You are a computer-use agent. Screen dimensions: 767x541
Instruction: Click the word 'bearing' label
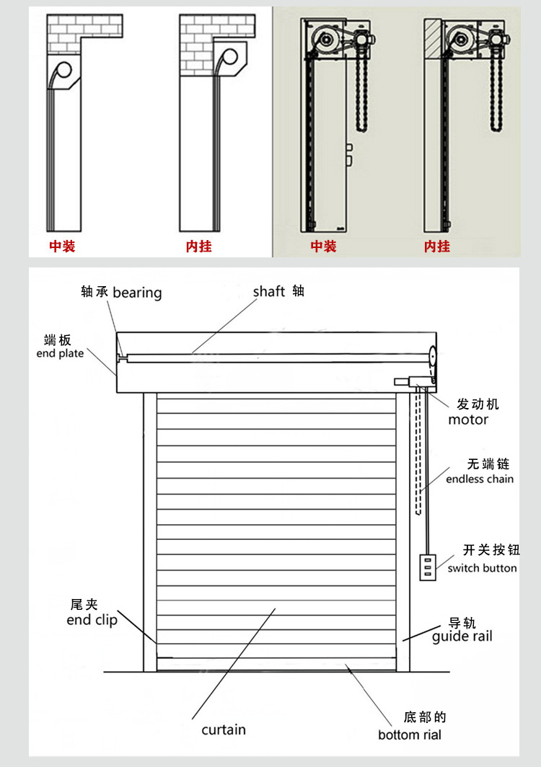pos(137,293)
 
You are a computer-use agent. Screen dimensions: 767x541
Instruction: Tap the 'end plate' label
pos(60,353)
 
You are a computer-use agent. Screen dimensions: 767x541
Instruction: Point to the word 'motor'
pos(468,420)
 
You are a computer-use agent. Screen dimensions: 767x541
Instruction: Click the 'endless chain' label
pos(480,479)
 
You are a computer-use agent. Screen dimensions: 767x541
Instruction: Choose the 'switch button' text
pos(482,568)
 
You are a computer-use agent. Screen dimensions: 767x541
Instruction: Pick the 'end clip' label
pos(92,620)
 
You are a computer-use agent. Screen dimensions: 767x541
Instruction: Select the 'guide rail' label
pos(462,637)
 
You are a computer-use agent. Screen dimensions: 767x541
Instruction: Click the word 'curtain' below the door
pos(224,730)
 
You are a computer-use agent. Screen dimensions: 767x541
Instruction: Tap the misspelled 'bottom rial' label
pos(410,735)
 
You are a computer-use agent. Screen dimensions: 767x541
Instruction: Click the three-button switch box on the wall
pos(427,567)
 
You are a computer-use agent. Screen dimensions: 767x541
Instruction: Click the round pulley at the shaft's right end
pos(432,356)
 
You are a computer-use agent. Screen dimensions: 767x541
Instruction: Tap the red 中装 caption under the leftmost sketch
pos(62,247)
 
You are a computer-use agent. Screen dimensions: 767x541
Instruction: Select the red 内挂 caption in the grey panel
pos(437,247)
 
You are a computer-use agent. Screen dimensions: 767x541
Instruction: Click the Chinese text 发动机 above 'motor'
pos(478,404)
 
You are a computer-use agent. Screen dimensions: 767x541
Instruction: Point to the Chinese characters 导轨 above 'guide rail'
pos(462,623)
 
